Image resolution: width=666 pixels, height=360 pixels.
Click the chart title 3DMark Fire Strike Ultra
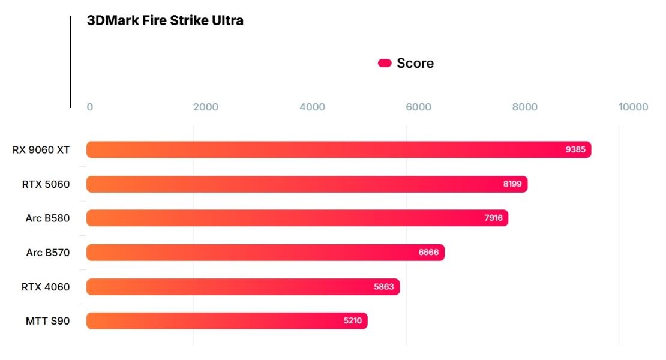165,20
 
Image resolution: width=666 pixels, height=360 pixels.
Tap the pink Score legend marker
385,64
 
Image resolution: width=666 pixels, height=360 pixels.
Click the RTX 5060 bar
307,184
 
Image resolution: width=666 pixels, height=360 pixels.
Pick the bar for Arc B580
297,218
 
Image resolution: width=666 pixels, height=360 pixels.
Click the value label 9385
575,149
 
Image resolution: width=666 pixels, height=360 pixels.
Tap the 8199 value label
512,184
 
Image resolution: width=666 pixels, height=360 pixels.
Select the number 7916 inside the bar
493,218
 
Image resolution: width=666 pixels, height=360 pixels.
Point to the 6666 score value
428,253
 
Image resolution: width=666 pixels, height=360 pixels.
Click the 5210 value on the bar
353,321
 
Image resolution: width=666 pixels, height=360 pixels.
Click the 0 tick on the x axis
90,107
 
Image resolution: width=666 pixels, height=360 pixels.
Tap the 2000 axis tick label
206,107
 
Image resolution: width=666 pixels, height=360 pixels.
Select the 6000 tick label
419,107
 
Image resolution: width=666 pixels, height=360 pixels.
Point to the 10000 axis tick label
634,107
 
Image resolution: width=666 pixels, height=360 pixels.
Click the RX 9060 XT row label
41,150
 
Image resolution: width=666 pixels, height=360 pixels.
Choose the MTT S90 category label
47,321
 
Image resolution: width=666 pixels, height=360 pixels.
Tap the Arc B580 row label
47,218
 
